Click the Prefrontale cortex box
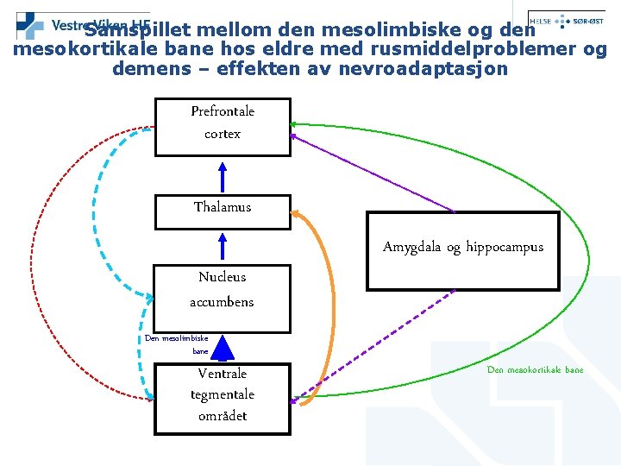coord(223,127)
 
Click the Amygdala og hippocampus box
coord(462,250)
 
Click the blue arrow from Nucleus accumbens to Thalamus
coord(223,245)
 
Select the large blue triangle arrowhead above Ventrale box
coord(223,348)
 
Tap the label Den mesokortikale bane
coord(535,370)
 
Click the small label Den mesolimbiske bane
coord(177,345)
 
